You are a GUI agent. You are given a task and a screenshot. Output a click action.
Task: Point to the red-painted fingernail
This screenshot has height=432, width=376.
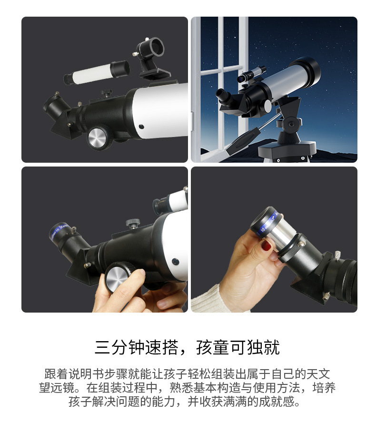(266, 245)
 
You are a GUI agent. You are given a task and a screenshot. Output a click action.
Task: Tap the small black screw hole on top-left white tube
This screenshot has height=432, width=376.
(141, 127)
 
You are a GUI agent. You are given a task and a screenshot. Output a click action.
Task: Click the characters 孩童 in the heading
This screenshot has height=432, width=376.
(213, 347)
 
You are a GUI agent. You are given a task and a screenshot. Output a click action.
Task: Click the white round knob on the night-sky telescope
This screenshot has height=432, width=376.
(267, 106)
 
